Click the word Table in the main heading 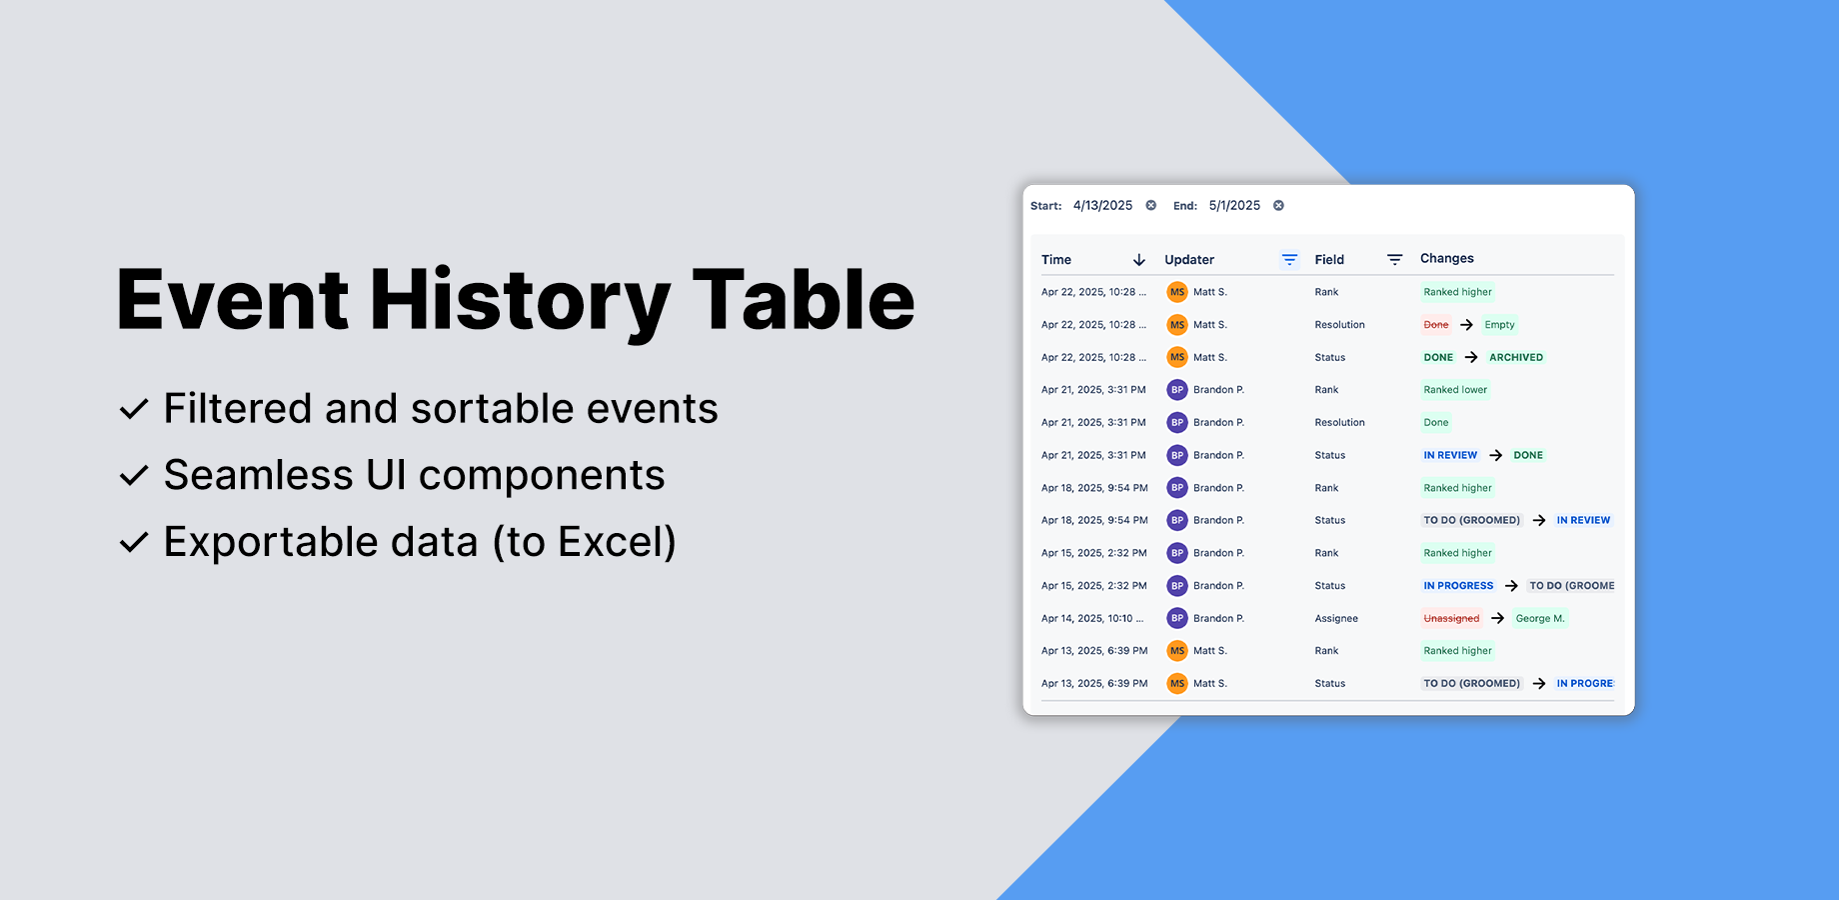804,299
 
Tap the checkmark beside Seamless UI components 134,475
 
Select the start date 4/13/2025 1102,206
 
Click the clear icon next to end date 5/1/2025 1278,206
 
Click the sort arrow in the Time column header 1138,260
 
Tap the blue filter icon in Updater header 1289,260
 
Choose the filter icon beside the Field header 1394,260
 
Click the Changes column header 1446,259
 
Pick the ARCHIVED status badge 1516,357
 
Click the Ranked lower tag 1455,390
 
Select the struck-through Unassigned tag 1451,619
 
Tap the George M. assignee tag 1540,619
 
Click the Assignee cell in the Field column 1336,619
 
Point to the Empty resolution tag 1499,325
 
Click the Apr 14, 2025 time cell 1092,619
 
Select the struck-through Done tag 1436,325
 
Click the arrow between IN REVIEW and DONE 1495,455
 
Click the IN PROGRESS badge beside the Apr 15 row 1458,586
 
